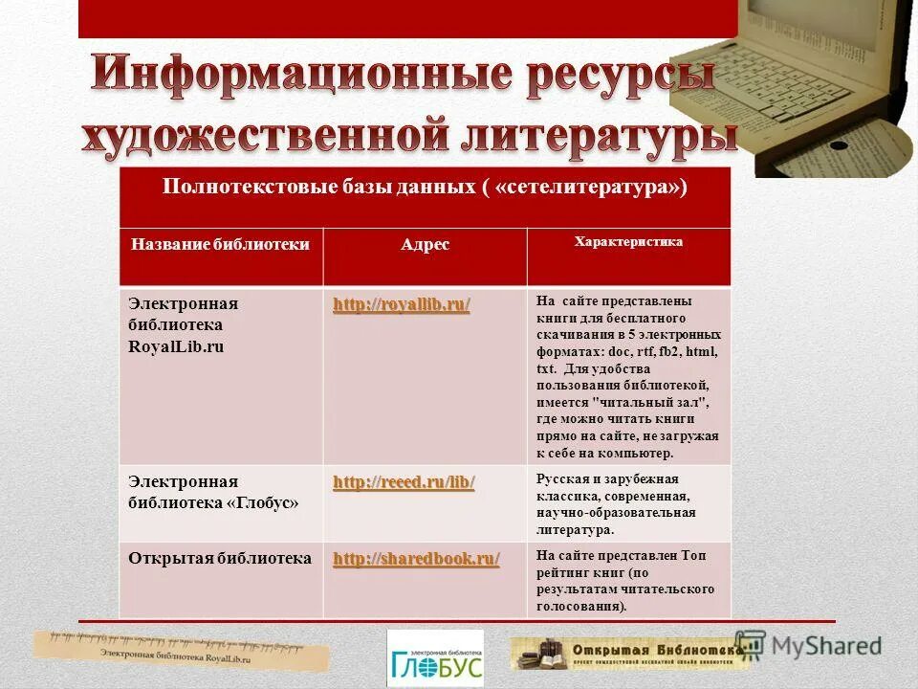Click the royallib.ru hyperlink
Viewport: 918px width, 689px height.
tap(402, 305)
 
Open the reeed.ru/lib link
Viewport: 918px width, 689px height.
tap(404, 482)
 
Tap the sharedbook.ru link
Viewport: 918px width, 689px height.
tap(416, 559)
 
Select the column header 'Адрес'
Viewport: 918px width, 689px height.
tap(425, 245)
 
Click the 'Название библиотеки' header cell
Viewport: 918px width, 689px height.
tap(220, 244)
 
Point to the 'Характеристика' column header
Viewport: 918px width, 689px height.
tap(627, 242)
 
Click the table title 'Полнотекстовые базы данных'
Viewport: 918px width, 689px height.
tap(425, 188)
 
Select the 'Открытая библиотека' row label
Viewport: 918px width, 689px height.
tap(220, 558)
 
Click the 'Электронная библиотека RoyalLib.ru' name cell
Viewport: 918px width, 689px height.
tap(184, 324)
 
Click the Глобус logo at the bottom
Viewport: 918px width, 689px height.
tap(435, 657)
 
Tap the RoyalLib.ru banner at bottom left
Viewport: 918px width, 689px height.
tap(182, 651)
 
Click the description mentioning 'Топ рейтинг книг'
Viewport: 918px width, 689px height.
tap(626, 580)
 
